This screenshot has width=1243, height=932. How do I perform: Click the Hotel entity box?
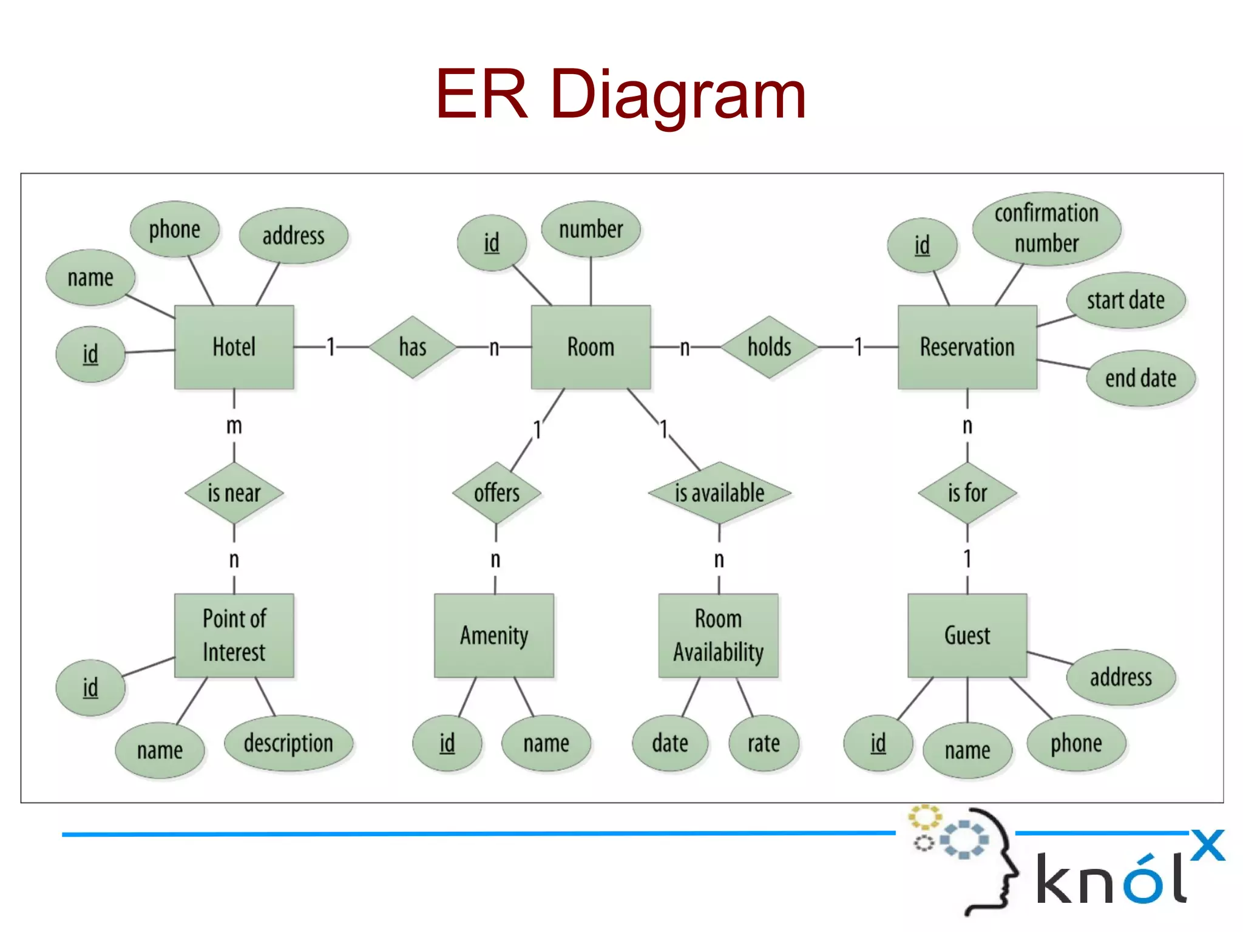click(234, 347)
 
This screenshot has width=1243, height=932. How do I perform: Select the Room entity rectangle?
click(591, 347)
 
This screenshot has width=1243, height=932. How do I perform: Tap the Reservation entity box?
click(967, 347)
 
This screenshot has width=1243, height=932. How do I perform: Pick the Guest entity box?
click(967, 635)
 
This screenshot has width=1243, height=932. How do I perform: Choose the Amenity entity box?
click(494, 635)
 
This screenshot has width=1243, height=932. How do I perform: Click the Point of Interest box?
click(234, 635)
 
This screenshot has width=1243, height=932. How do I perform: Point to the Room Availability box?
click(718, 635)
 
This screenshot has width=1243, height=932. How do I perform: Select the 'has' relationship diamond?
click(413, 347)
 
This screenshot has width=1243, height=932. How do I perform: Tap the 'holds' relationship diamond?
click(769, 347)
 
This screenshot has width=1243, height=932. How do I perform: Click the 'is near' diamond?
click(234, 492)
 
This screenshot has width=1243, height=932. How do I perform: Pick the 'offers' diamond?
click(496, 492)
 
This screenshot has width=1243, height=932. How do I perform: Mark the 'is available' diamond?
click(719, 492)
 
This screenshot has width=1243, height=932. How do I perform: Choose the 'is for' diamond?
click(967, 492)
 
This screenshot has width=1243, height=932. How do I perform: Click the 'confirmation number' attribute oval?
click(1046, 228)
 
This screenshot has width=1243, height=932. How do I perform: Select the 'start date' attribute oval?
click(1126, 300)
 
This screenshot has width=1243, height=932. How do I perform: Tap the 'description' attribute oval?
click(288, 743)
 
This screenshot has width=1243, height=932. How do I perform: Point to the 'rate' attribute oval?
click(764, 743)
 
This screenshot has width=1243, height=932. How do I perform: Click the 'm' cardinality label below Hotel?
click(234, 426)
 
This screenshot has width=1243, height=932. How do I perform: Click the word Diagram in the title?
click(679, 94)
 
